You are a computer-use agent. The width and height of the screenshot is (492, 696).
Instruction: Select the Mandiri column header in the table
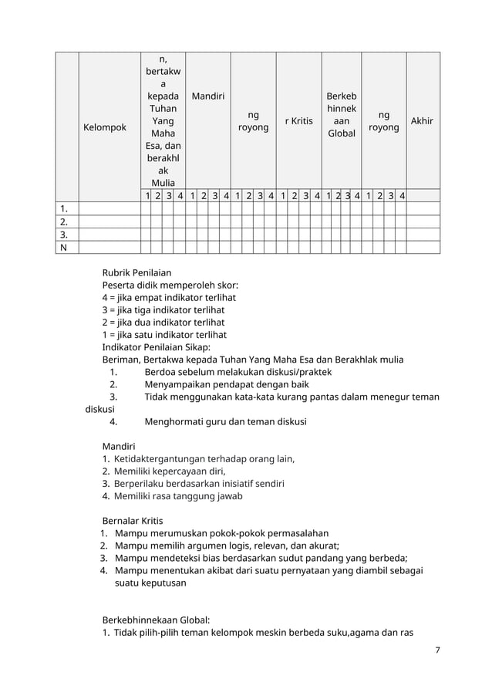207,96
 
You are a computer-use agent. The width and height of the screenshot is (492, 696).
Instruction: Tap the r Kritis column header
298,121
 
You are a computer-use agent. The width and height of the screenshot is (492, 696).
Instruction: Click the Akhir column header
422,121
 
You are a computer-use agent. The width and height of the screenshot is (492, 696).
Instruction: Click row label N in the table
63,248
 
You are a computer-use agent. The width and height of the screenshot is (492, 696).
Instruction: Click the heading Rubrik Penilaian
136,272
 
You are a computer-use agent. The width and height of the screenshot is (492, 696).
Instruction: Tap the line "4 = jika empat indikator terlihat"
169,298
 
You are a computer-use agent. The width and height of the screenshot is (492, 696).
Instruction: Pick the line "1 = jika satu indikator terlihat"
164,335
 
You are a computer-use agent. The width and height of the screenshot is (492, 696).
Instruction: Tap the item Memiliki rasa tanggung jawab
178,496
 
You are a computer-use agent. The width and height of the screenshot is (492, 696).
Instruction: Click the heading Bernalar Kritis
133,521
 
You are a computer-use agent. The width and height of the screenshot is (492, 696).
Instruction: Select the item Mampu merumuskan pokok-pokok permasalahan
221,533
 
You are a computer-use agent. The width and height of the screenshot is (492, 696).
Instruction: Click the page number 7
437,650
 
